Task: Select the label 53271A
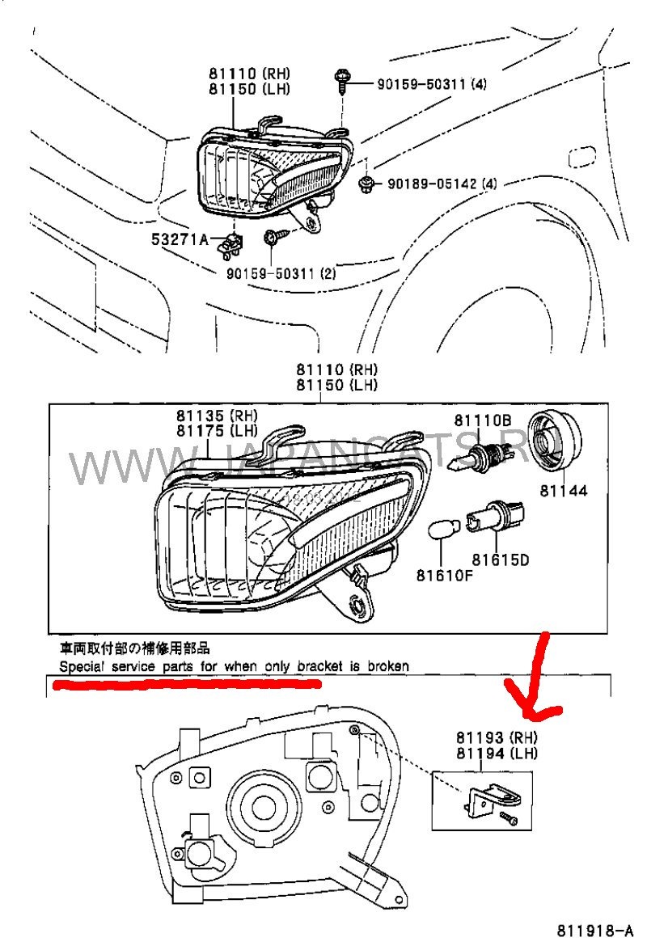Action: tap(179, 239)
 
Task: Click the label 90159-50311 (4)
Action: tap(433, 83)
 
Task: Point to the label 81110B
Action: tap(482, 420)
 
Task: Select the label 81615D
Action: tap(501, 559)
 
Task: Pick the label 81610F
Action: tap(444, 575)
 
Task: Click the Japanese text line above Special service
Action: tap(135, 648)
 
